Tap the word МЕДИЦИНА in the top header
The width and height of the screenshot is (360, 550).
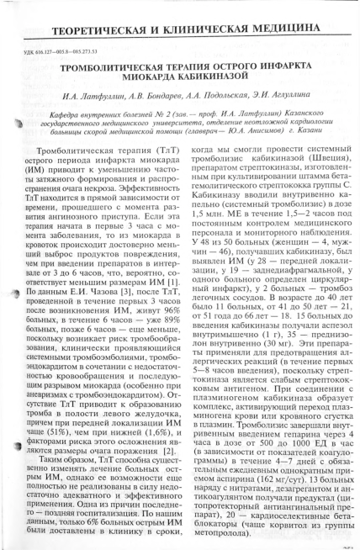(x=303, y=14)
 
